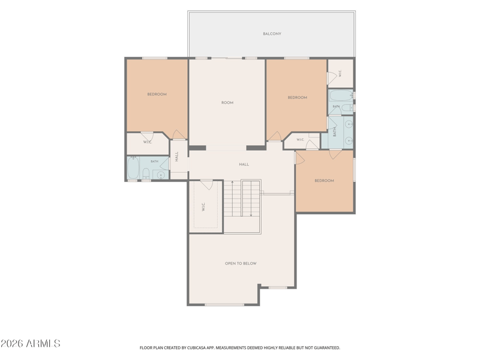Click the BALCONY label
(272, 34)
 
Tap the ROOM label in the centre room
(227, 103)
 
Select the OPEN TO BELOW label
(241, 263)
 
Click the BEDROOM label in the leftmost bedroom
(157, 94)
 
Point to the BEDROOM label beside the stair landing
(324, 181)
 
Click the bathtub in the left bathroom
(133, 168)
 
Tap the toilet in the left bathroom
(146, 173)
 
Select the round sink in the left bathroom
(161, 175)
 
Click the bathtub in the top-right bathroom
(341, 96)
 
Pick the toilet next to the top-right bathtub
(347, 108)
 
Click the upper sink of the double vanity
(349, 124)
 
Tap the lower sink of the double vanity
(349, 140)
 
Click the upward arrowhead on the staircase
(232, 182)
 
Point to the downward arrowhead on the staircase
(251, 215)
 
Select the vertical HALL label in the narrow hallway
(176, 157)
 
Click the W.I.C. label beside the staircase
(203, 207)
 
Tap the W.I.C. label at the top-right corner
(340, 73)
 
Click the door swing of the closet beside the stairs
(207, 185)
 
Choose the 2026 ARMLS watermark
(31, 343)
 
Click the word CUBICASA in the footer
(197, 348)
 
